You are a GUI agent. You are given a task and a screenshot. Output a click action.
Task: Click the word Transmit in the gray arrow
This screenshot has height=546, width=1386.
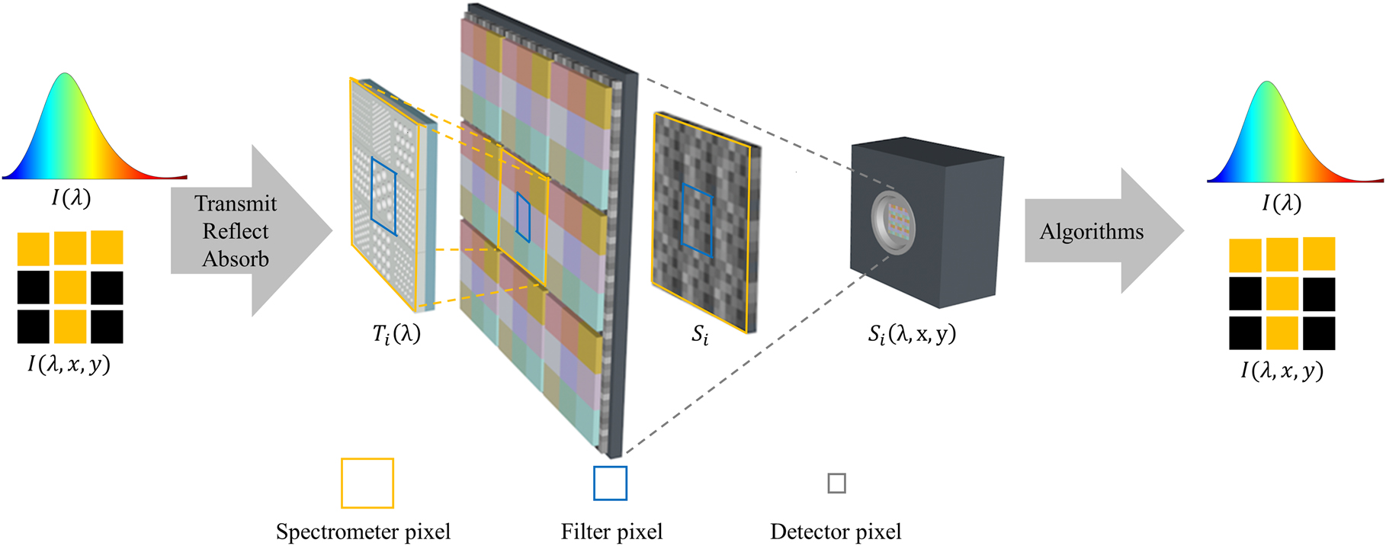click(x=236, y=204)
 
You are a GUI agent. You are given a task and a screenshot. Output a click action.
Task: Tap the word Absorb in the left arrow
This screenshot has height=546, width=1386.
click(x=236, y=259)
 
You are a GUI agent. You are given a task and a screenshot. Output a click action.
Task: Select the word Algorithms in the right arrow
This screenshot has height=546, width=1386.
click(x=1092, y=232)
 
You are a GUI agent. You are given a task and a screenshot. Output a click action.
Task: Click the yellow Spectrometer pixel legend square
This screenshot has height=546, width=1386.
click(x=367, y=483)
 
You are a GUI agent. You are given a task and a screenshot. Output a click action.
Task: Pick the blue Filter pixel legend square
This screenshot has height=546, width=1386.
click(x=610, y=483)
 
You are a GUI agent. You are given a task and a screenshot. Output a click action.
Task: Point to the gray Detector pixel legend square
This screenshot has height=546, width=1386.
click(x=836, y=483)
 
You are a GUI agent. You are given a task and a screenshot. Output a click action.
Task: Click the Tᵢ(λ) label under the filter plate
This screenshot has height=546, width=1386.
click(x=396, y=334)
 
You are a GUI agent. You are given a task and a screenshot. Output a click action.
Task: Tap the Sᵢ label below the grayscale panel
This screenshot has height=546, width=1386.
click(x=700, y=336)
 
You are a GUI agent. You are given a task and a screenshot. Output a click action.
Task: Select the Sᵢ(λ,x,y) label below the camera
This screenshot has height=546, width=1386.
click(x=912, y=334)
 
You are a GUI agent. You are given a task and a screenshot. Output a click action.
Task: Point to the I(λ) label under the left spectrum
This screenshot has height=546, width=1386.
click(x=71, y=198)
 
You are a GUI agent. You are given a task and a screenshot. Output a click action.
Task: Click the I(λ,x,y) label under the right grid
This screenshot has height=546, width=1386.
click(x=1282, y=371)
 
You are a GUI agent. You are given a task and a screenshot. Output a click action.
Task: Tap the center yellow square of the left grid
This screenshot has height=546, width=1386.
click(x=70, y=287)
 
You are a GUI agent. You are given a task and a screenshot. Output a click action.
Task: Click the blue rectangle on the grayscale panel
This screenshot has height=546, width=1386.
click(x=697, y=220)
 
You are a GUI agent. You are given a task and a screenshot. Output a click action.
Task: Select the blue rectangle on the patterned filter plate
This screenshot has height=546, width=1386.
click(x=383, y=197)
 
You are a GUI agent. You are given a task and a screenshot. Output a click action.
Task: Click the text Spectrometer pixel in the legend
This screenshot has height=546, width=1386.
click(x=363, y=532)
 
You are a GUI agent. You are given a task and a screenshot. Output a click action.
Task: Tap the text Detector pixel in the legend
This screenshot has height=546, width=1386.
click(x=836, y=532)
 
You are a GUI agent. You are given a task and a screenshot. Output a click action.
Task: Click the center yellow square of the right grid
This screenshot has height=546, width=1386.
click(x=1282, y=294)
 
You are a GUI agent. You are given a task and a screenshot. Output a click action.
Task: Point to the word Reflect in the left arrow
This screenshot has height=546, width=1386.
click(x=236, y=231)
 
